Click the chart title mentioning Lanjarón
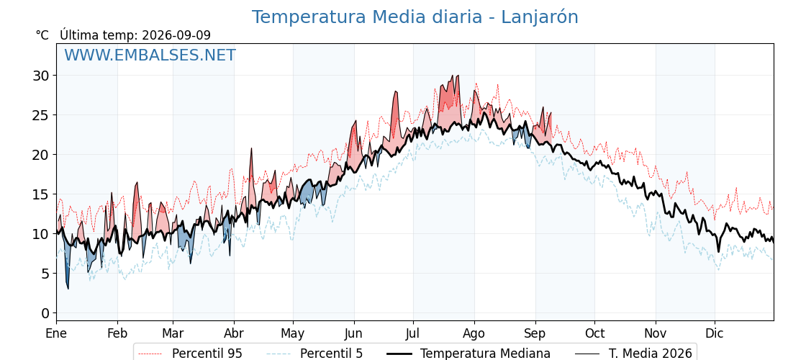[x=415, y=17]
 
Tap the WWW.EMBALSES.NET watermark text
[x=150, y=55]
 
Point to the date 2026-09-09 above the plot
[x=176, y=35]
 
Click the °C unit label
[x=42, y=35]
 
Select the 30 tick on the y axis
[x=42, y=76]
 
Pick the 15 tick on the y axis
[x=42, y=194]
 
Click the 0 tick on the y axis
[x=46, y=313]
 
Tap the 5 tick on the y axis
[x=46, y=274]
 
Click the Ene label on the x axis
[x=56, y=333]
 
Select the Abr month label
[x=234, y=333]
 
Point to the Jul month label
[x=413, y=333]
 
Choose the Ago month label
[x=474, y=333]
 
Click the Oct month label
[x=594, y=333]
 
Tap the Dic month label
[x=715, y=333]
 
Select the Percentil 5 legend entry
[x=315, y=354]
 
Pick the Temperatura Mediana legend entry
[x=468, y=354]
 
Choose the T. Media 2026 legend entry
[x=633, y=354]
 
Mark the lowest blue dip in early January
[x=68, y=288]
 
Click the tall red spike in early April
[x=251, y=148]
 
